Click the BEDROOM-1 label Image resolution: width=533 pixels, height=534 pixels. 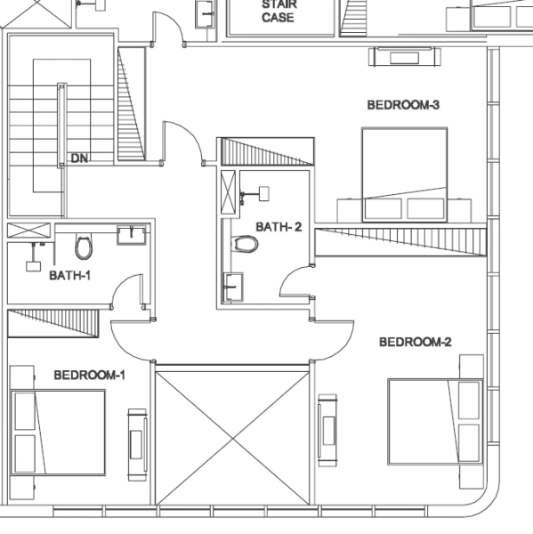click(x=89, y=375)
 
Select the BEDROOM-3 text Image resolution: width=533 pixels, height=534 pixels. click(x=403, y=105)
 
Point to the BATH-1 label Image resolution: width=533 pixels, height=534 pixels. click(x=70, y=275)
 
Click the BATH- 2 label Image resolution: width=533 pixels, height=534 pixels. click(x=279, y=227)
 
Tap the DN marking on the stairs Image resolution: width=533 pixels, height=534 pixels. click(x=79, y=158)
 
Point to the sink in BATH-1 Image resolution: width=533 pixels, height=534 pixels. click(x=131, y=234)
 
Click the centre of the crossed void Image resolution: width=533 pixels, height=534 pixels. click(x=233, y=433)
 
